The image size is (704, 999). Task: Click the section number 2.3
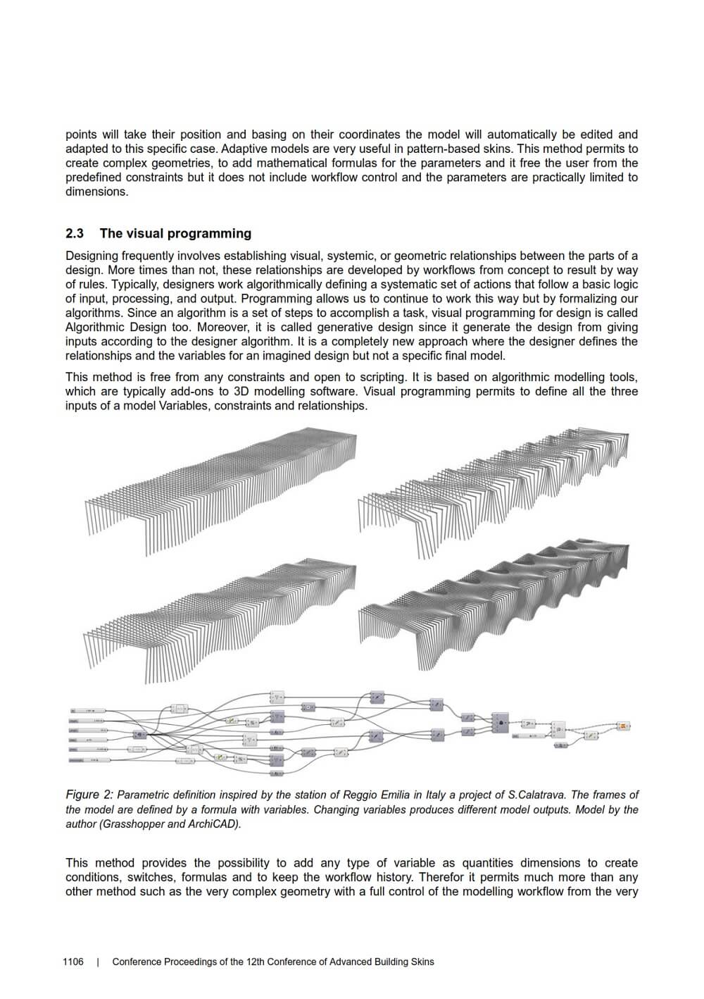tap(75, 234)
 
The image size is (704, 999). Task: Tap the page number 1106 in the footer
tap(73, 962)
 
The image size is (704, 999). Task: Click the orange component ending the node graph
tap(623, 726)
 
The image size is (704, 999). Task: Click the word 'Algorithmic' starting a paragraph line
tap(94, 328)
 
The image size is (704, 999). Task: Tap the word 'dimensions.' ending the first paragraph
tap(97, 192)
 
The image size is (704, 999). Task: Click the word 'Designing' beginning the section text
tap(92, 256)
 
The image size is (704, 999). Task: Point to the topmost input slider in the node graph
tap(87, 711)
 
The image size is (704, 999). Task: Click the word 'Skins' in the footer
tap(421, 962)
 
